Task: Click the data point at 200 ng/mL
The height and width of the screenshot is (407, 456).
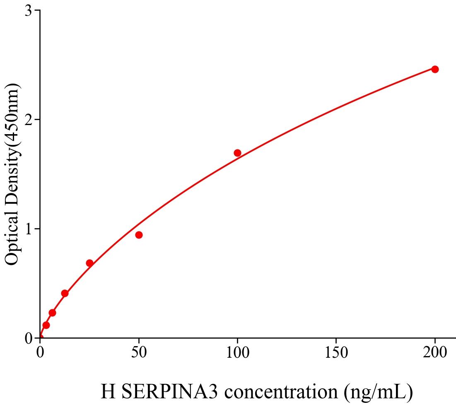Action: (x=435, y=69)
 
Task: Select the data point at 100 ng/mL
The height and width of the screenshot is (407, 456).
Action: (x=237, y=153)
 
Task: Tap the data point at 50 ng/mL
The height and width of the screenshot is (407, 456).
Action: (x=139, y=235)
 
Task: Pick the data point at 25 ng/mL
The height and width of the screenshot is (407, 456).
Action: (x=89, y=263)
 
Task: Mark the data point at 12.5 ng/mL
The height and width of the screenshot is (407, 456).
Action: (x=65, y=293)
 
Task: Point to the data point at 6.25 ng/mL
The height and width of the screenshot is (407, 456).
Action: (x=52, y=313)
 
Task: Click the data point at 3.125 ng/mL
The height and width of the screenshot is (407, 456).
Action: (x=46, y=325)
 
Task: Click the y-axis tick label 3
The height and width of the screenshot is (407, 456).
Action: (x=28, y=10)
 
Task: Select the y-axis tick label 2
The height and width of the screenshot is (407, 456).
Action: (x=28, y=120)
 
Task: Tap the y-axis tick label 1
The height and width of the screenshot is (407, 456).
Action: (x=28, y=229)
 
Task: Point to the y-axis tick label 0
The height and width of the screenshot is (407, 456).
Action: (x=28, y=338)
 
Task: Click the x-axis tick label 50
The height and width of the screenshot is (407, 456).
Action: (x=139, y=352)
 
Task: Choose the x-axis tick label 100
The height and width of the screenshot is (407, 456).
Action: (x=237, y=352)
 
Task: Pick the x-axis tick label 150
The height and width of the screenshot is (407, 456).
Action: (x=336, y=352)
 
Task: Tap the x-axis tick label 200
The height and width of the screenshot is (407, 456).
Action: (x=435, y=352)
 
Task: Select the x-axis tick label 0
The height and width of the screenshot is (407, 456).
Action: (x=40, y=352)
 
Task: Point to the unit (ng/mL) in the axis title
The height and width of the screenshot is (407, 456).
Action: (x=378, y=391)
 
